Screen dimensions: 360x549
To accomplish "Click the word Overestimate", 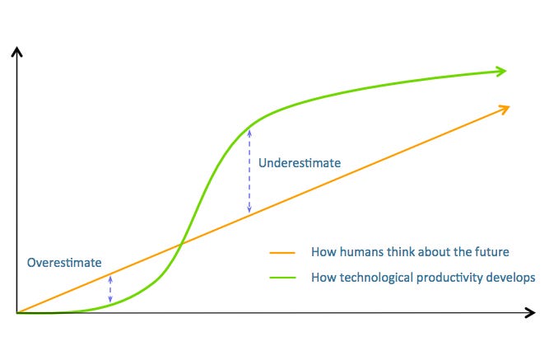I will (64, 263).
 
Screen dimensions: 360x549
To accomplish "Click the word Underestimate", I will (299, 163).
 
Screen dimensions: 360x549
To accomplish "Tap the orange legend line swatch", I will (285, 252).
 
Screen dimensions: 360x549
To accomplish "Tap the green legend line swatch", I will (285, 278).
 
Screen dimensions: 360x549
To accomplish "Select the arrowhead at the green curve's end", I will (500, 72).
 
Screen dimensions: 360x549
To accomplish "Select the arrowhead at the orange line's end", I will (504, 108).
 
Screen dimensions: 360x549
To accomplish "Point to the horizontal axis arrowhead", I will (530, 313).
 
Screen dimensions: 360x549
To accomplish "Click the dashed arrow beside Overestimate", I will (111, 289).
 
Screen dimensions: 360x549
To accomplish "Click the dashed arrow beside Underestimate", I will (249, 171).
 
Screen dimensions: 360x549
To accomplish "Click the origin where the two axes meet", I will (17, 313).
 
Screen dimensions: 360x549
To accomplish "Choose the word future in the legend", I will (491, 252).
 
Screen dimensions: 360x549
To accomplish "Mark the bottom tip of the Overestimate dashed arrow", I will (111, 303).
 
